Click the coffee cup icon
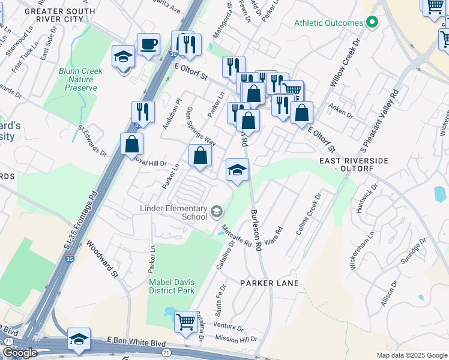point(148,44)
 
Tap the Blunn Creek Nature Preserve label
point(80,79)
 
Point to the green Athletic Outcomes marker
point(372,23)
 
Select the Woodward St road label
point(101,259)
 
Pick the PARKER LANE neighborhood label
point(270,282)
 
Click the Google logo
point(20,353)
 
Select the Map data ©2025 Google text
point(412,355)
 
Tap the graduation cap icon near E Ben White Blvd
point(79,339)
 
